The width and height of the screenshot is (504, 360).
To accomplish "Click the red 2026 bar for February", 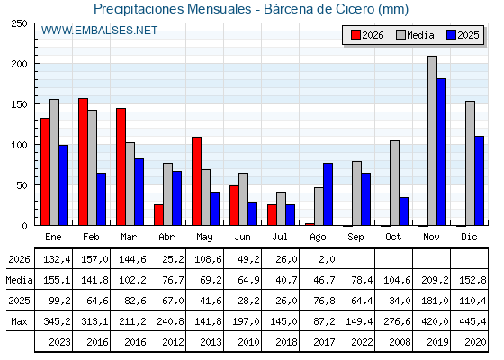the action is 83,162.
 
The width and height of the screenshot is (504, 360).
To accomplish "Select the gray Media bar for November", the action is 432,140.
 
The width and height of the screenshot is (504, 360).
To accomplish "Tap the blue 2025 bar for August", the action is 328,194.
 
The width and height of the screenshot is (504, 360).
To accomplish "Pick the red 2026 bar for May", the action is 197,181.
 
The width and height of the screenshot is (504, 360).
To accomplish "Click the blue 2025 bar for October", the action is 404,211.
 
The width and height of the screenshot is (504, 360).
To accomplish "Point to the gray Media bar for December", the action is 470,163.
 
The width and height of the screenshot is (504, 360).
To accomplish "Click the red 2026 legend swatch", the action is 355,35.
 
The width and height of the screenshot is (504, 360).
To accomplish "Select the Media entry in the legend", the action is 415,35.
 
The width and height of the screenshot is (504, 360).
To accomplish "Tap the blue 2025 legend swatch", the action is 451,35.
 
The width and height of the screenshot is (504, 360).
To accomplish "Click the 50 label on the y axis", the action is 22,185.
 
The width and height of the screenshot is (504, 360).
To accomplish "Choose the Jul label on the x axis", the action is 280,238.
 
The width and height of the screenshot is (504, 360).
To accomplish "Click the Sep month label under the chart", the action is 355,238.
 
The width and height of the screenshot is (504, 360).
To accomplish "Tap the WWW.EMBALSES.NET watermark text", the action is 99,31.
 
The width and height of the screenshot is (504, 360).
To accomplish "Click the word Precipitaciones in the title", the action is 138,9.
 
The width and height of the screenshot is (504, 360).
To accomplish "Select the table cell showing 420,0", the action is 436,321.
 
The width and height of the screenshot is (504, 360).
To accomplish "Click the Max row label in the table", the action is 19,321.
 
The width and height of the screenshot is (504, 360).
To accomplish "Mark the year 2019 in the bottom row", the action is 437,342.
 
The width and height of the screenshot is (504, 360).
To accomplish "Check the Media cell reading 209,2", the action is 435,280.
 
